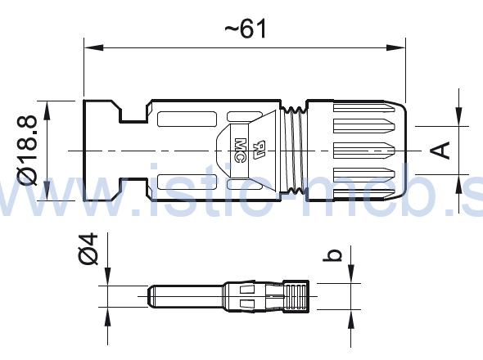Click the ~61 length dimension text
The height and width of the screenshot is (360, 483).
[246, 29]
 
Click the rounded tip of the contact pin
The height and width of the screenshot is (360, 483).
[149, 296]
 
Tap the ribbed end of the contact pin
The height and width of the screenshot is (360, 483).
[296, 296]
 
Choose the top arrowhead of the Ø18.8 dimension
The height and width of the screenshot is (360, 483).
[48, 106]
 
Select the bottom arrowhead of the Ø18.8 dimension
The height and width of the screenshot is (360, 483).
[48, 196]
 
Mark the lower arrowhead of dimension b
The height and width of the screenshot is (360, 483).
[351, 314]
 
